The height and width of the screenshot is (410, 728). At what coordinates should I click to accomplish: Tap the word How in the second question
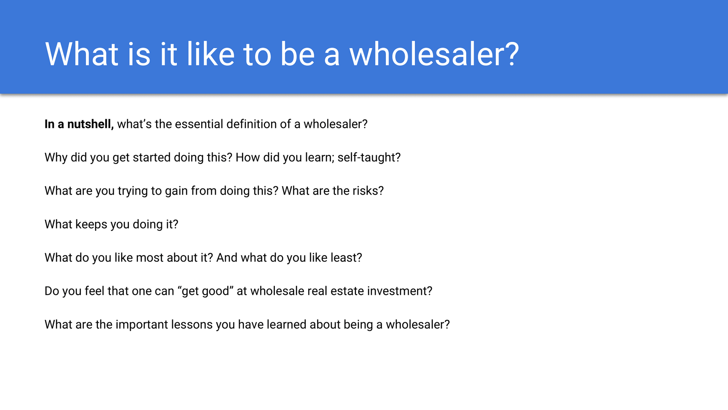coord(248,158)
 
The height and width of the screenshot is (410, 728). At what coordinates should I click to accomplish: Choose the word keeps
coord(91,224)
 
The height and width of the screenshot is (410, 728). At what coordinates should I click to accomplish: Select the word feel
coord(94,291)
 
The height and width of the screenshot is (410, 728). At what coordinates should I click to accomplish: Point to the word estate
coord(347,291)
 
